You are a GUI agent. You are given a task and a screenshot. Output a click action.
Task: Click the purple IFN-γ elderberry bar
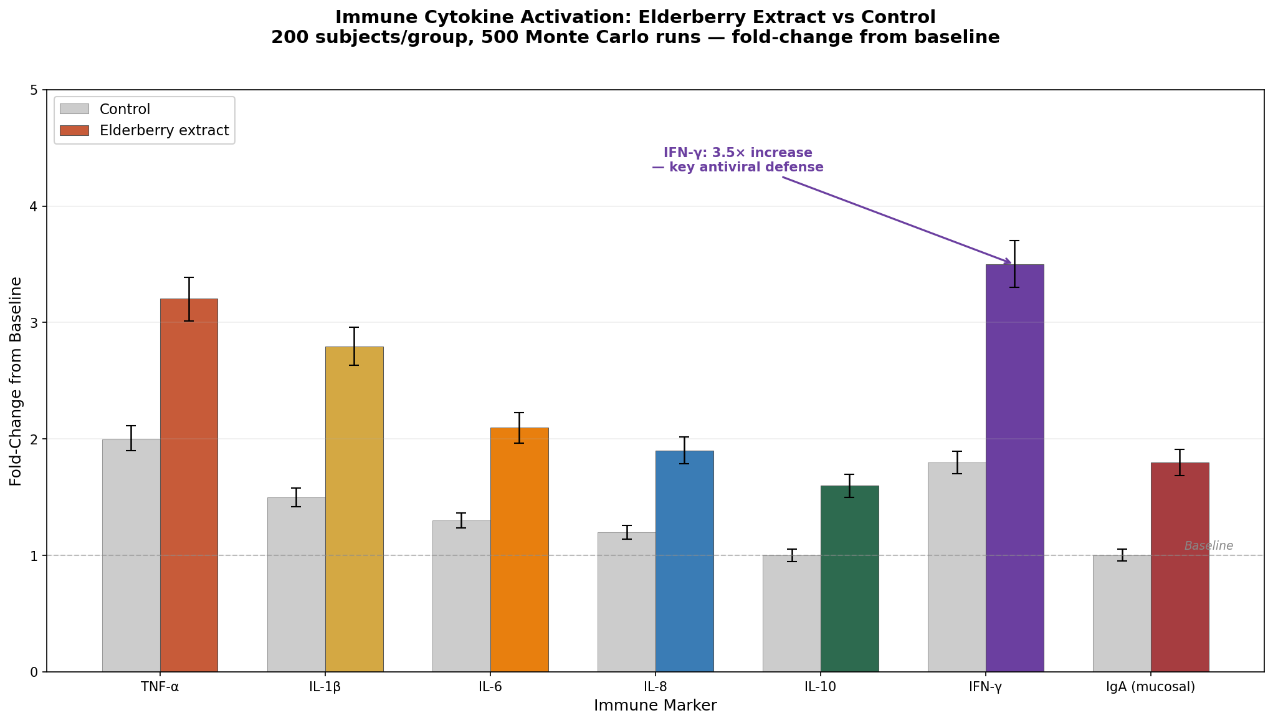pos(1014,467)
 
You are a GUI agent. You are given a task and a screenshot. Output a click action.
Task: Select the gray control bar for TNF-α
pos(131,555)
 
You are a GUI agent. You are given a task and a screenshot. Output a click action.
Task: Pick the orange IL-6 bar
pos(519,548)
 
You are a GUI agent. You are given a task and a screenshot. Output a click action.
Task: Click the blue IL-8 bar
pos(684,561)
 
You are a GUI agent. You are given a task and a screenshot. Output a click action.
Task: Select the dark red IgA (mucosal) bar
pos(1180,567)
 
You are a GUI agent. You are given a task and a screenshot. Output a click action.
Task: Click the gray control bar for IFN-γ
pos(956,567)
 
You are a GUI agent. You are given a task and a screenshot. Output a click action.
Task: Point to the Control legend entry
pos(125,109)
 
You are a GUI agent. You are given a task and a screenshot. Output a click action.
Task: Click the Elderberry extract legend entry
pos(164,131)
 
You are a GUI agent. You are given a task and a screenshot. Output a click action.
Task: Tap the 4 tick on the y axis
pos(34,206)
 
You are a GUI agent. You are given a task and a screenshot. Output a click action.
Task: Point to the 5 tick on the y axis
pos(34,90)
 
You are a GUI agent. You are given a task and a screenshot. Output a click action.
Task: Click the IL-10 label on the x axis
pos(820,687)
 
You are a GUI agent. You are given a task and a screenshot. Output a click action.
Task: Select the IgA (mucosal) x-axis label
pos(1150,687)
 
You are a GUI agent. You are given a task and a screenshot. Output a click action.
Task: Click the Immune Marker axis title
pos(655,706)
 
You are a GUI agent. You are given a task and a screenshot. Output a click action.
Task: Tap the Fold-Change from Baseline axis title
pos(16,381)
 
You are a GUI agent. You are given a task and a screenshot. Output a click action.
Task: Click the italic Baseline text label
pos(1208,546)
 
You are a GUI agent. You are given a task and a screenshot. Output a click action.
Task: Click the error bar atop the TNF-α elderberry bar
pos(189,299)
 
